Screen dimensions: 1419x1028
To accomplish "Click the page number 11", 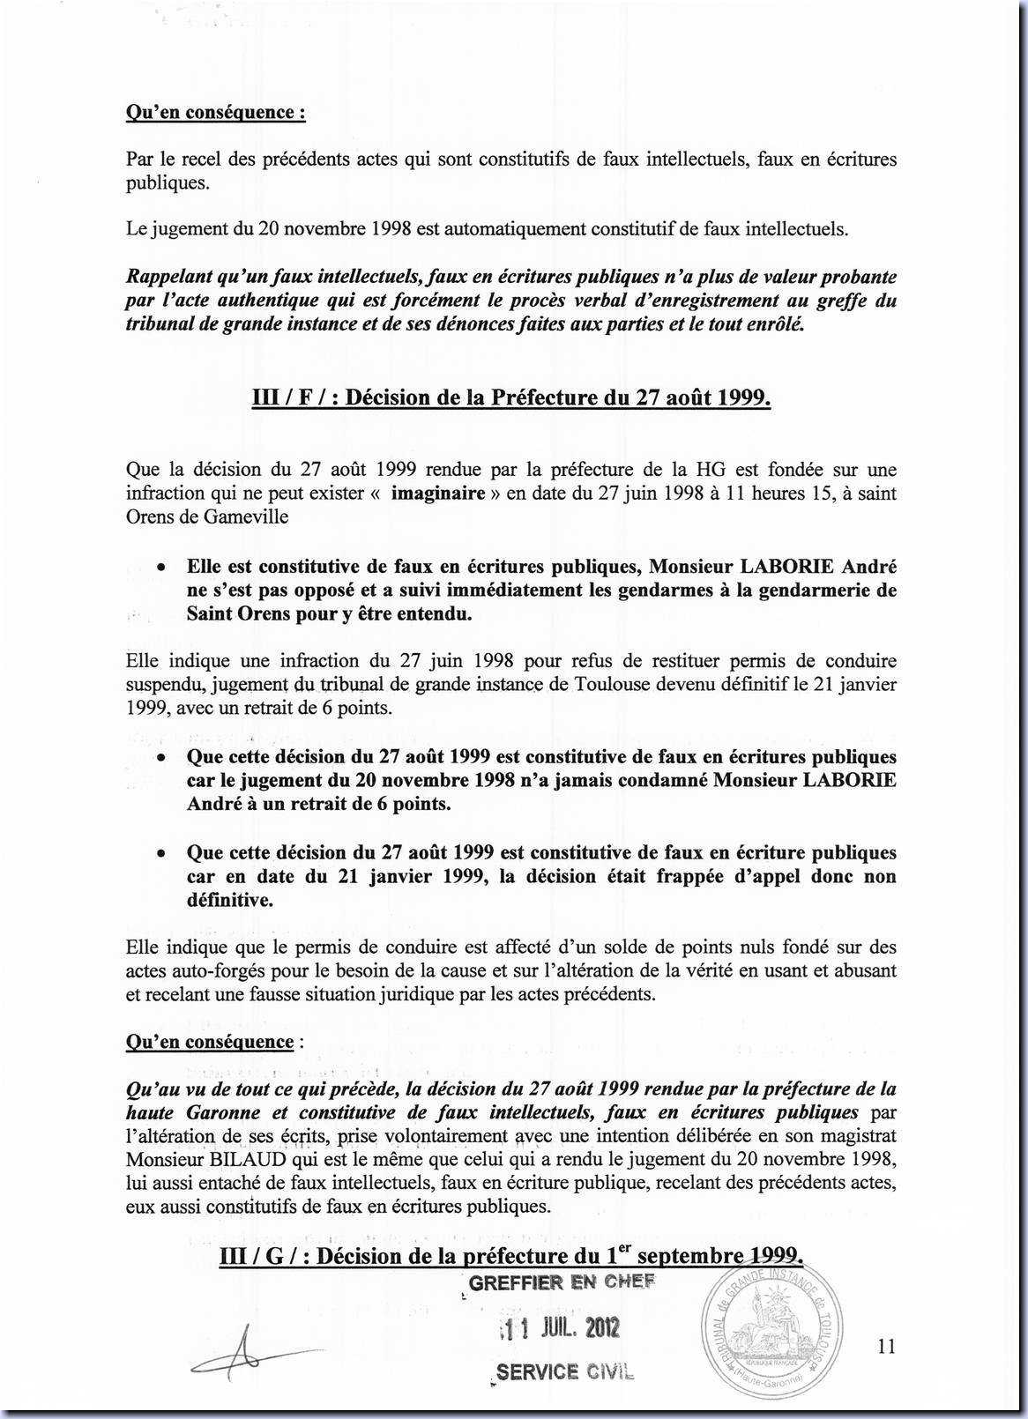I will (x=887, y=1345).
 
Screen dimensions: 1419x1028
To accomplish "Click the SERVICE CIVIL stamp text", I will (x=564, y=1371).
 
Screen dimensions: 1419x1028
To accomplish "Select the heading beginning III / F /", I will (x=512, y=397).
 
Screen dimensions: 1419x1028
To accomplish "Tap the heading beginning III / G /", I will (x=511, y=1255).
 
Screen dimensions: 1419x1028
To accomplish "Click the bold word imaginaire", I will (x=438, y=493).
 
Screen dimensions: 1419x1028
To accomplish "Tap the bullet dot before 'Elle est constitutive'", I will (x=161, y=568).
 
